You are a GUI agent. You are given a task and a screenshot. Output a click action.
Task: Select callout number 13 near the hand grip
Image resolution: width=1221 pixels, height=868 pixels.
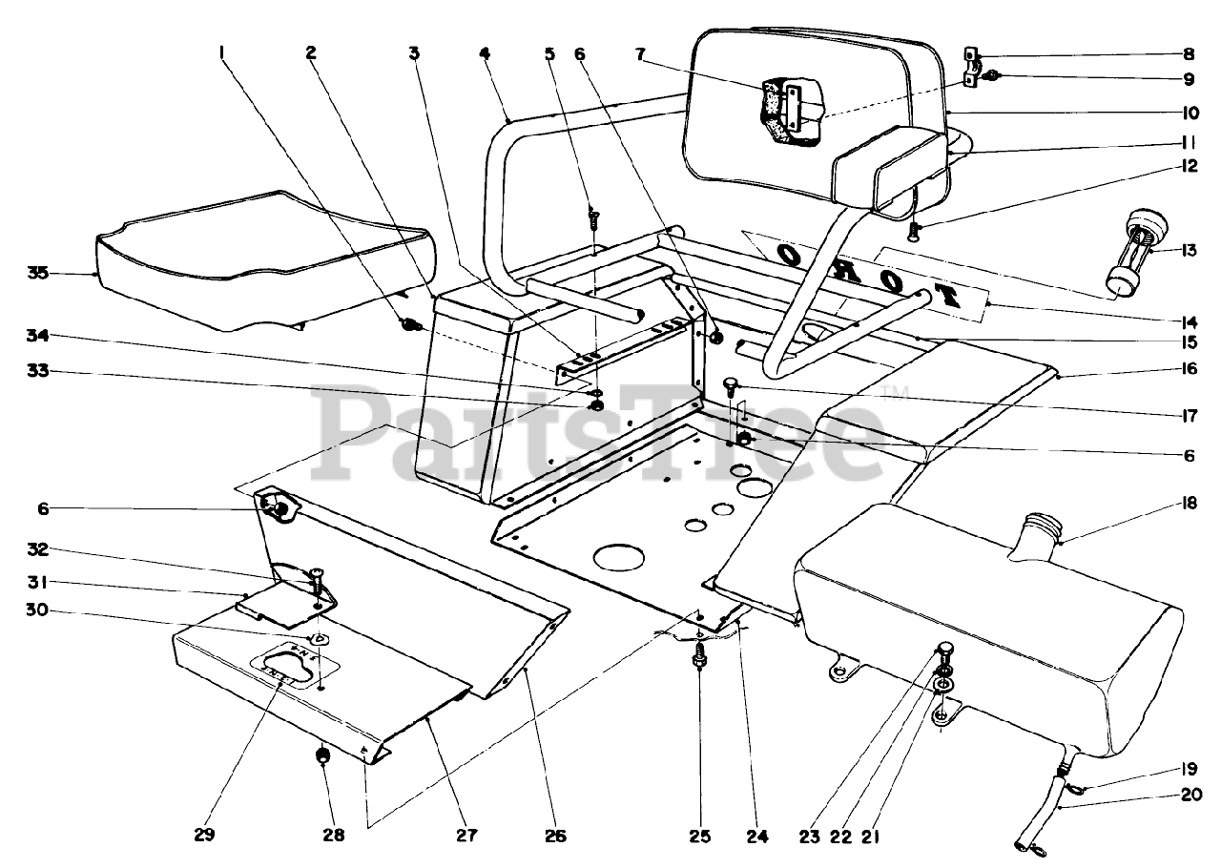1188,251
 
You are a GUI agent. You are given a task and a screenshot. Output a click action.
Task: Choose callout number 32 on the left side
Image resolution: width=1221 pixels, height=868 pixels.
38,550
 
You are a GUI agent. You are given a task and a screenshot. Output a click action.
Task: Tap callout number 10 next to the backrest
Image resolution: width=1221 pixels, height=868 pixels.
1188,112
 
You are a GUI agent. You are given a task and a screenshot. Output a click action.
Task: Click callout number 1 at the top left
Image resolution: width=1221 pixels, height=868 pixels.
222,53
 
